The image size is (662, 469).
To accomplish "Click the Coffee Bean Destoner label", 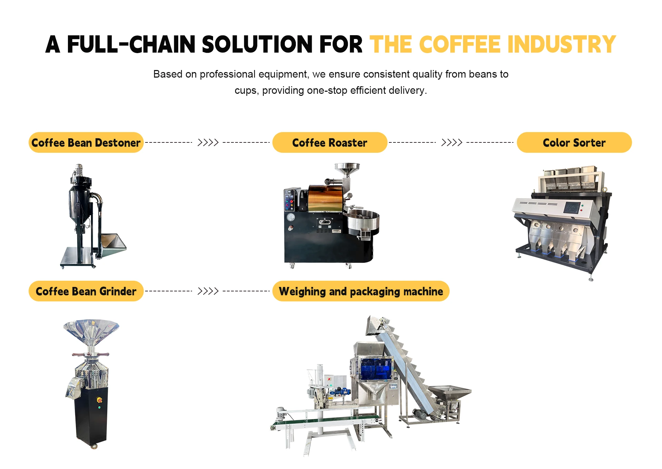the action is (86, 142).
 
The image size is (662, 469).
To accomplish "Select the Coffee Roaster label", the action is (330, 142).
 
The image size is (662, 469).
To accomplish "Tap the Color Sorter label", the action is (574, 142).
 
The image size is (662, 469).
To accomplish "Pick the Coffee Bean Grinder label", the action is (86, 291).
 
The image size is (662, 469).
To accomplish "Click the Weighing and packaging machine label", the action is (361, 291).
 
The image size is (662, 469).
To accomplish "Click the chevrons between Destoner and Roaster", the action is (208, 142).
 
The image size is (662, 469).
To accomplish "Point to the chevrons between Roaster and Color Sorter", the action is (452, 142).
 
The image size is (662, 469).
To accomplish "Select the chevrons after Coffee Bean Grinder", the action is (208, 291).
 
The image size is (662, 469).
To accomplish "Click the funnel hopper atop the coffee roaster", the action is (347, 169).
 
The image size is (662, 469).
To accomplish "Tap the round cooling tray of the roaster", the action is (363, 221).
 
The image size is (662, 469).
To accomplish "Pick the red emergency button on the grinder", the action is (99, 400).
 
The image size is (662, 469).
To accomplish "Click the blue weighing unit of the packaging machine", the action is (375, 368).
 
